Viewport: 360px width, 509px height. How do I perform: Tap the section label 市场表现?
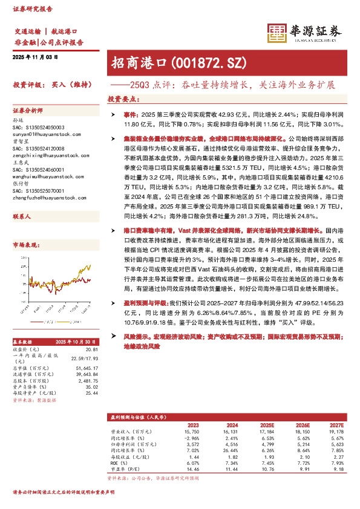(25, 245)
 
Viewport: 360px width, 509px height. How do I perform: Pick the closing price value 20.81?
(91, 349)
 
